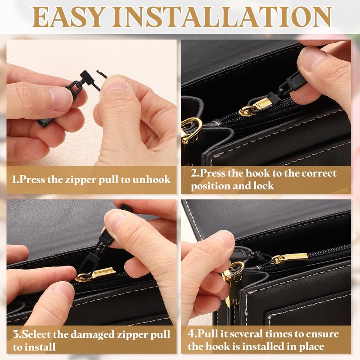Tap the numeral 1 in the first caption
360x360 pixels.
pos(14,180)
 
